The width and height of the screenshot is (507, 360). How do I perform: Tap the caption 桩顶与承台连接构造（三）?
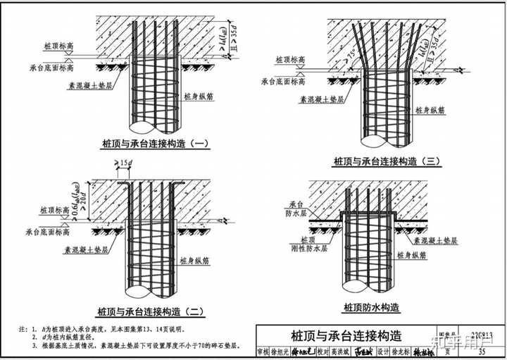pyautogui.click(x=387, y=161)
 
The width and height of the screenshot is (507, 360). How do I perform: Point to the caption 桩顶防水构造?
pyautogui.click(x=372, y=308)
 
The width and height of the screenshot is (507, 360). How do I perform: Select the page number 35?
pyautogui.click(x=482, y=352)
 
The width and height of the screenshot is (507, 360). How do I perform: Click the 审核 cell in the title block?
pyautogui.click(x=263, y=352)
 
